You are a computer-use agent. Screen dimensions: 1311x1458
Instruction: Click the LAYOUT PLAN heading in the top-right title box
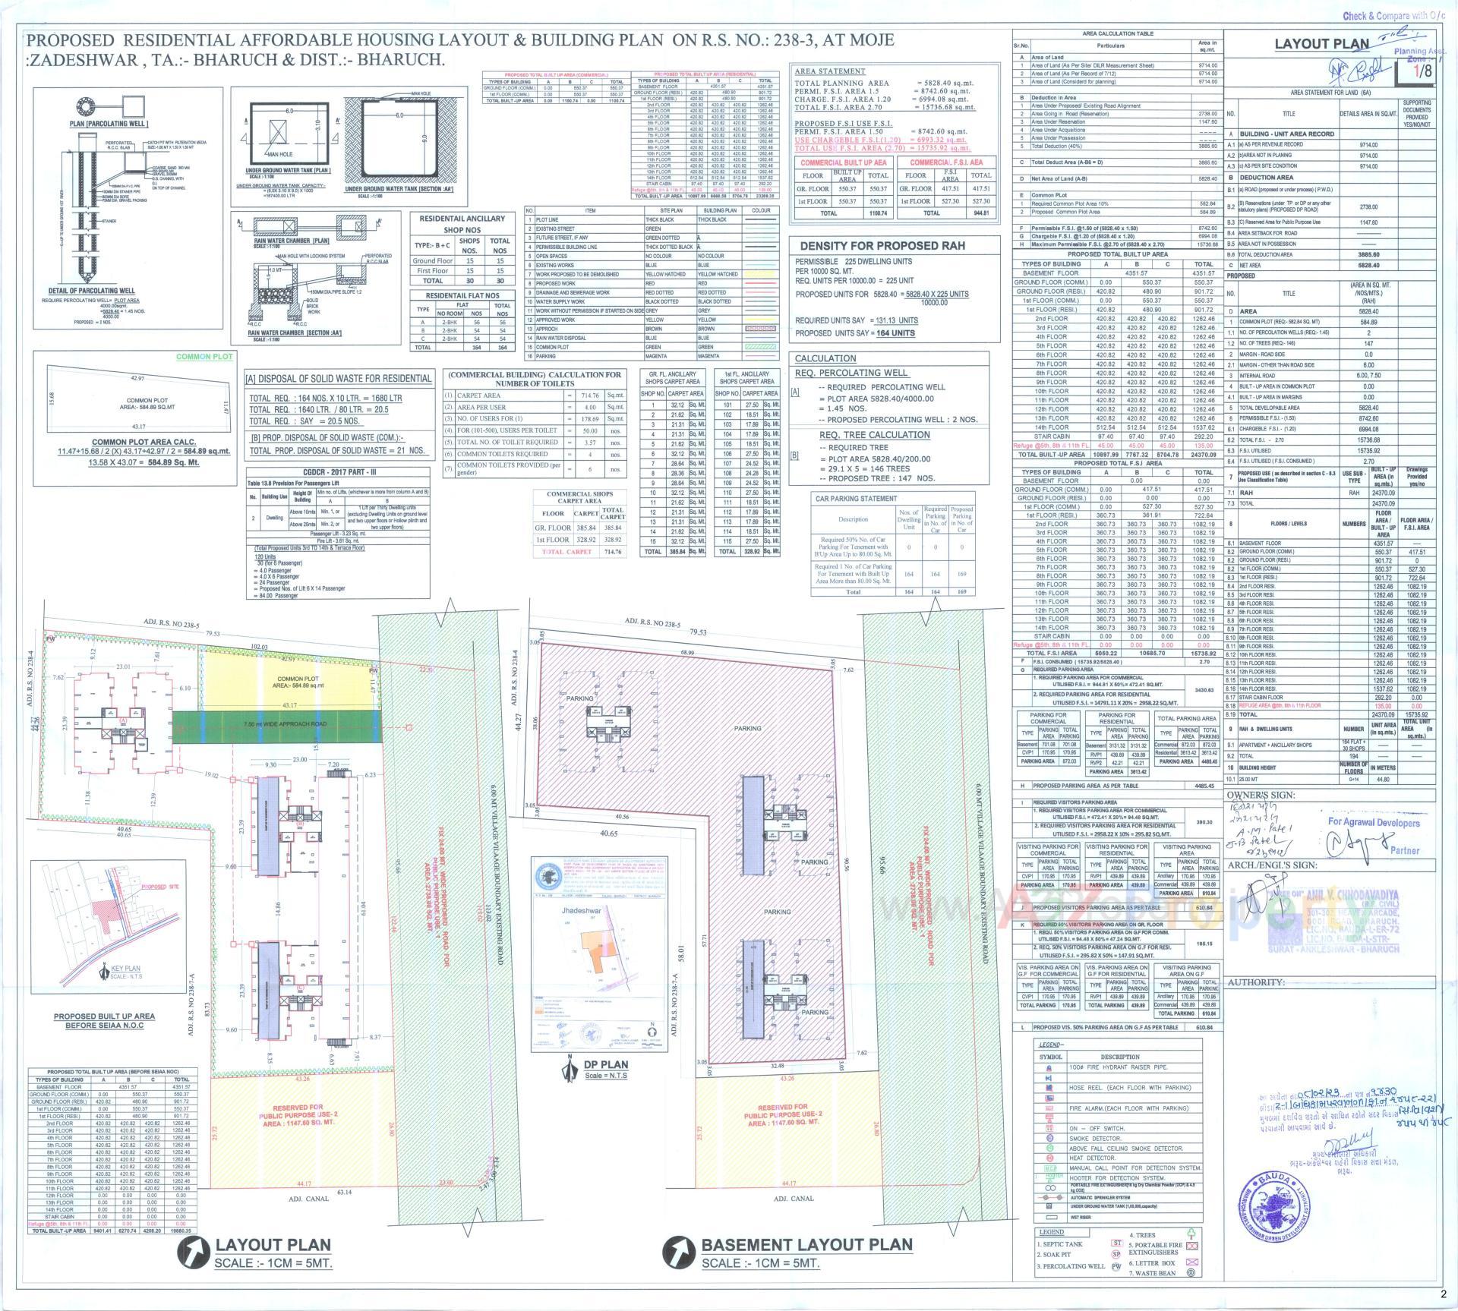point(1322,44)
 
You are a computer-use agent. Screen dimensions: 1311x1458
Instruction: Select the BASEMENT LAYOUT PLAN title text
point(806,1243)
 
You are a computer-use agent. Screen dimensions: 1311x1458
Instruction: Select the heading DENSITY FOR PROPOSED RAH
point(876,246)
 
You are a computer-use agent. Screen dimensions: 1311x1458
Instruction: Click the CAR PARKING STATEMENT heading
point(856,499)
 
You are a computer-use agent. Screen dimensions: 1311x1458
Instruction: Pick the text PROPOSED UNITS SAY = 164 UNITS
point(854,332)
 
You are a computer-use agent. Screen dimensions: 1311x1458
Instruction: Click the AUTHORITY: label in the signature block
point(1256,982)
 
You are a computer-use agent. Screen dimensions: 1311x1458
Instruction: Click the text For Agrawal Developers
point(1374,822)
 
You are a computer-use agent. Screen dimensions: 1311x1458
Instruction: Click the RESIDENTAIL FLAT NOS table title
point(462,295)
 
